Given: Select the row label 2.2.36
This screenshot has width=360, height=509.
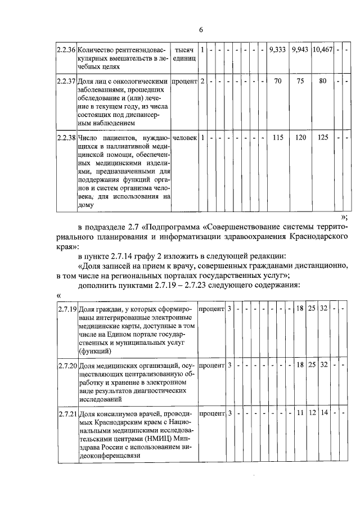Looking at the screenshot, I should pyautogui.click(x=66, y=50).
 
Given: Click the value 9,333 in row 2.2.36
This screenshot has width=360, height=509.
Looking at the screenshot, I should pyautogui.click(x=278, y=50).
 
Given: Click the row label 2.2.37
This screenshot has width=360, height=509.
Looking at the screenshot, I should pyautogui.click(x=66, y=81).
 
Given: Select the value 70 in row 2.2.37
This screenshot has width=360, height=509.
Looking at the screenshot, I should pyautogui.click(x=278, y=81).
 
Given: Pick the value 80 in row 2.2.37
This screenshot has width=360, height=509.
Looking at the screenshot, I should pyautogui.click(x=322, y=81).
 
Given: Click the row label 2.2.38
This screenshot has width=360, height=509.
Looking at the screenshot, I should pyautogui.click(x=66, y=137).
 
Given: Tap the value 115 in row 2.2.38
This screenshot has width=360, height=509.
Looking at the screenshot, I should pyautogui.click(x=278, y=137).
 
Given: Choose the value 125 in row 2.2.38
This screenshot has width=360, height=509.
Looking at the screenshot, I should pyautogui.click(x=322, y=137).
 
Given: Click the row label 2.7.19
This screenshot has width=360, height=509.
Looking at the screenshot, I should pyautogui.click(x=67, y=309).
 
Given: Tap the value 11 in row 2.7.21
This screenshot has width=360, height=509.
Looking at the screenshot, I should pyautogui.click(x=300, y=414).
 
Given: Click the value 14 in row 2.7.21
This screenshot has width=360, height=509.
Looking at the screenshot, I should pyautogui.click(x=324, y=414).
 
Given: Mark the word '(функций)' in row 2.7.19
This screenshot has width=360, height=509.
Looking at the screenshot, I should pyautogui.click(x=94, y=350).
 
